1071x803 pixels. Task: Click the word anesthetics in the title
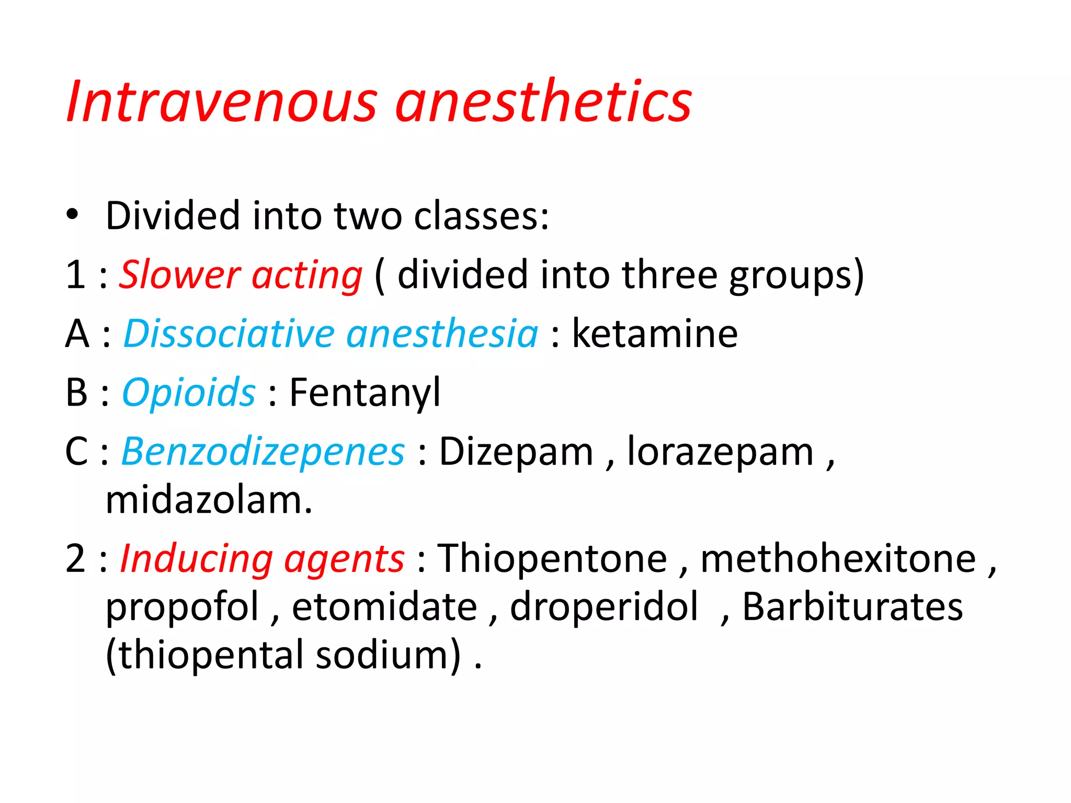pyautogui.click(x=544, y=101)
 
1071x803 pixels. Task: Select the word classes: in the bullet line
pyautogui.click(x=481, y=215)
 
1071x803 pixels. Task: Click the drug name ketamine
pyautogui.click(x=655, y=334)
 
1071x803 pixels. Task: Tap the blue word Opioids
pyautogui.click(x=189, y=393)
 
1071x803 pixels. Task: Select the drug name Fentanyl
pyautogui.click(x=365, y=393)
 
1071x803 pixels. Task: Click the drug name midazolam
pyautogui.click(x=209, y=500)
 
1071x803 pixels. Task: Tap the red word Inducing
pyautogui.click(x=197, y=558)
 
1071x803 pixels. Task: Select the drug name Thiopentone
pyautogui.click(x=552, y=558)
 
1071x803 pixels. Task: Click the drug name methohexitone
pyautogui.click(x=838, y=558)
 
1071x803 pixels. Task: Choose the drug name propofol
pyautogui.click(x=183, y=607)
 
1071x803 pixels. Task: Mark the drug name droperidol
pyautogui.click(x=604, y=607)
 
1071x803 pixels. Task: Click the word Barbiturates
pyautogui.click(x=852, y=607)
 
